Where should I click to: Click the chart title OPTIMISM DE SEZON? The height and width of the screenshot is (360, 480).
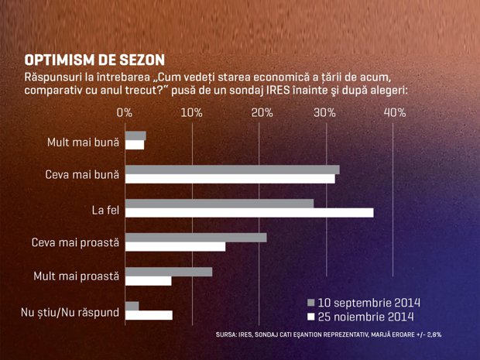point(94,60)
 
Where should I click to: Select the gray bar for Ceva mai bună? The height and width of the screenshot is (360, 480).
point(232,170)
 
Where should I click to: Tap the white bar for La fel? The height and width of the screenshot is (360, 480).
point(249,213)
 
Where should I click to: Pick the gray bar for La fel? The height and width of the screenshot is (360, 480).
point(220,204)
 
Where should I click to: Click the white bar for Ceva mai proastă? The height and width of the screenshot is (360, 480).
point(176,247)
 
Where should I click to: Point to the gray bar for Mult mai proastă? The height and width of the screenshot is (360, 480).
point(169,272)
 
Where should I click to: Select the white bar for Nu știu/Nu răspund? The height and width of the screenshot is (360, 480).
point(149,315)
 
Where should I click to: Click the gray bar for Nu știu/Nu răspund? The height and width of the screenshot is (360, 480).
point(132,306)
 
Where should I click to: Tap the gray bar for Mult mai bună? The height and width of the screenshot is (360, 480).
point(135,135)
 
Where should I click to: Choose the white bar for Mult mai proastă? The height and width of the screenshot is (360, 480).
point(148,281)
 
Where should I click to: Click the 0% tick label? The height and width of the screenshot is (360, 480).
point(125,113)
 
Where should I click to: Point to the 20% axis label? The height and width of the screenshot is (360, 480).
point(262,113)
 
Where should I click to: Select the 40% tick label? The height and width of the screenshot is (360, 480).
point(395,113)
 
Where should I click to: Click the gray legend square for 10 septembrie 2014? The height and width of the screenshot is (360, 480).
point(310,303)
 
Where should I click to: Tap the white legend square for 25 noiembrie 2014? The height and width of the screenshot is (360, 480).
point(310,317)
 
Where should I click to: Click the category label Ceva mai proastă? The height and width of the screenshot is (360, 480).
point(75,242)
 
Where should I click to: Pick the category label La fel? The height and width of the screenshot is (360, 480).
point(105,211)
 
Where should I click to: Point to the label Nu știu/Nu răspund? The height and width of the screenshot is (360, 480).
point(70,313)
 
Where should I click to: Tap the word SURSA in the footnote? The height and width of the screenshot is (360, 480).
point(225,334)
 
